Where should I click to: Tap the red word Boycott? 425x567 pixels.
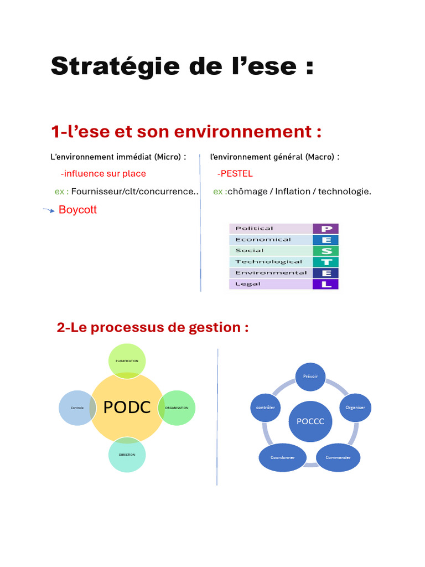point(77,210)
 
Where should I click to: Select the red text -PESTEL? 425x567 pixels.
point(235,174)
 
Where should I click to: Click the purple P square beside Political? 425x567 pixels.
point(325,229)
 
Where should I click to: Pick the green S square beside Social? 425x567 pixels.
point(325,251)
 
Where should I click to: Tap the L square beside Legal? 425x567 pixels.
point(325,284)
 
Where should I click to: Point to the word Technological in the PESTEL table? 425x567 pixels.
point(269,262)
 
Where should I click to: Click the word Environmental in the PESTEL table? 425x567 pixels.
point(271,273)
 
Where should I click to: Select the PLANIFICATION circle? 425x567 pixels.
point(127,360)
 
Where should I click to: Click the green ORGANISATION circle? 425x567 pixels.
point(177,408)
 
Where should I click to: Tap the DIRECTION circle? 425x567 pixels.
point(127,455)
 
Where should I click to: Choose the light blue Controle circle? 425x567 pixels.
point(77,408)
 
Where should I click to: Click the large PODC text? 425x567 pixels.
point(127,408)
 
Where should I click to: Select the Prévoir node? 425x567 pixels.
point(310,377)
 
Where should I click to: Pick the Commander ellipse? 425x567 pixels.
point(338,458)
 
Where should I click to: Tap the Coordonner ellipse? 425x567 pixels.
point(283,458)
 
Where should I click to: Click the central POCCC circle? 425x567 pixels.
point(310,421)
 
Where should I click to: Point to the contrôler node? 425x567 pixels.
point(266,408)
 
